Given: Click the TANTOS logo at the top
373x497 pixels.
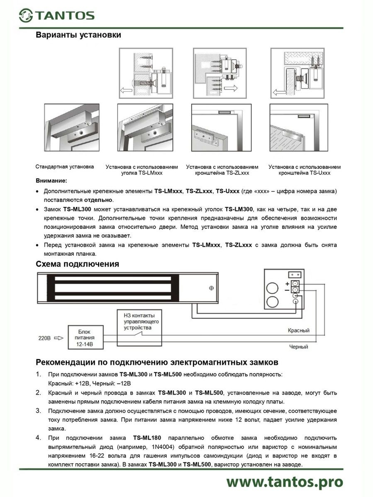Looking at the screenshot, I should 57,15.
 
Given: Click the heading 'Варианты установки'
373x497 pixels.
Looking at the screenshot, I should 78,35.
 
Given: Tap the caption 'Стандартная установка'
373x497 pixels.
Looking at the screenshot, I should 65,167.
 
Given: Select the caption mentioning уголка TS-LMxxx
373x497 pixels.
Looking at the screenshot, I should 142,170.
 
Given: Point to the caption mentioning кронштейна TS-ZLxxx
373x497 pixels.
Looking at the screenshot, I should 222,170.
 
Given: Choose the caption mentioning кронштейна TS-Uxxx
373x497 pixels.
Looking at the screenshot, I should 304,170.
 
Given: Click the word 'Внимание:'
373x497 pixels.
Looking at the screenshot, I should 51,181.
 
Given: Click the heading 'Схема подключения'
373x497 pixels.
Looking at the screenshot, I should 77,264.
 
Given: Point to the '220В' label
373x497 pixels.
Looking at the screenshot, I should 44,338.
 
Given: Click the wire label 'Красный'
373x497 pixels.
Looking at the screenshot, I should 298,330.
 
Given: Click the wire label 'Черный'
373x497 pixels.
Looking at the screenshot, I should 298,347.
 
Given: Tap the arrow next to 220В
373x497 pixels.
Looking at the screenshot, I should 59,338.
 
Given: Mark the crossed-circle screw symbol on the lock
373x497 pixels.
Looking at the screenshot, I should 211,288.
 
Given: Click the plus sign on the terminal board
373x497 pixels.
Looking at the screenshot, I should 287,284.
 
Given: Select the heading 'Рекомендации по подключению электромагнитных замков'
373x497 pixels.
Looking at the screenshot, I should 157,362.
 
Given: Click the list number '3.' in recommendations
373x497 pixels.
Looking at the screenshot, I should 38,411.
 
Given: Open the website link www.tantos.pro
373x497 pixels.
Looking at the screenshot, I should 285,481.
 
